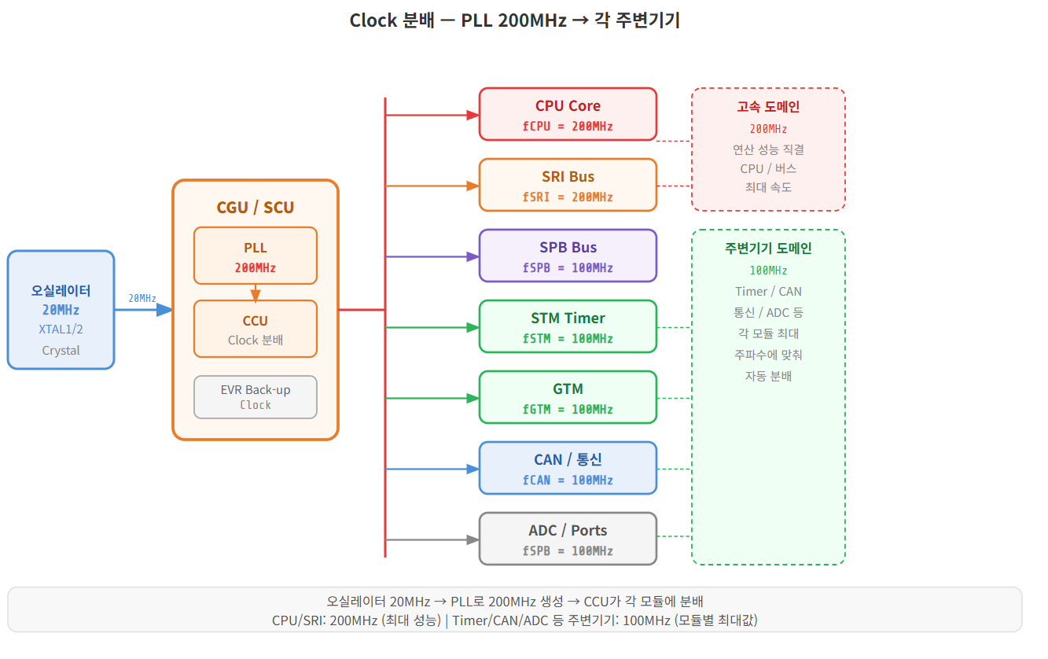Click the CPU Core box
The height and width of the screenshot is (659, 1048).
point(568,114)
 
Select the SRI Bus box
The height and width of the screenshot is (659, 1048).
point(568,185)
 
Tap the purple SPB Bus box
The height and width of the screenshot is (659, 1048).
point(568,256)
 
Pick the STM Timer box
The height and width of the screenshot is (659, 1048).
point(568,326)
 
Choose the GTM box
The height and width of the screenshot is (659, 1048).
point(568,397)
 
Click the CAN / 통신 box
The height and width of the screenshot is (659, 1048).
point(568,468)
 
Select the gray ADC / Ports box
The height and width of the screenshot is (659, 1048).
point(568,539)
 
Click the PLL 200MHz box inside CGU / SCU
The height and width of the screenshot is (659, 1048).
point(255,256)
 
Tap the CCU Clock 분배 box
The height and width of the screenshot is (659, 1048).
point(255,329)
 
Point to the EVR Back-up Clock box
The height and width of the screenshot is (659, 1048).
point(255,397)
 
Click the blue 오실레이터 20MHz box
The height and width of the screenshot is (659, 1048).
point(61,309)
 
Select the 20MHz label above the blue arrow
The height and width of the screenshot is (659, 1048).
point(142,298)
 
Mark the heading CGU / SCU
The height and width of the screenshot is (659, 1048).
point(255,208)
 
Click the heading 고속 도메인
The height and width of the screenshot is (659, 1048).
point(768,107)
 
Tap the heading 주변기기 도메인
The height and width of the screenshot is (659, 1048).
point(768,249)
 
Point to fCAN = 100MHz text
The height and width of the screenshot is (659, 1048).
point(568,480)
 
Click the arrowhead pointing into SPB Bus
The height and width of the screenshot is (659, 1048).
point(473,256)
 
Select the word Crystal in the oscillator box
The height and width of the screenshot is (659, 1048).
point(61,351)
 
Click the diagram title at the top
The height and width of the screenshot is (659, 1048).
point(514,20)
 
